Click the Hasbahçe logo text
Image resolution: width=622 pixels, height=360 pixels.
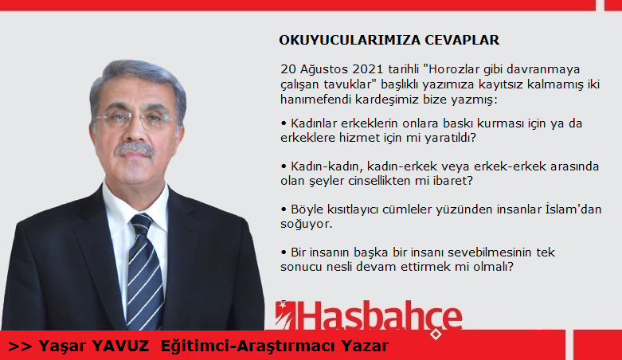(381, 316)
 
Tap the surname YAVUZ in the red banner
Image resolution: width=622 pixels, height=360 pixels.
(120, 346)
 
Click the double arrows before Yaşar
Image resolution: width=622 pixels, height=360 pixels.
(20, 346)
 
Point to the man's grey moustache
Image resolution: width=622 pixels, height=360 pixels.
(134, 149)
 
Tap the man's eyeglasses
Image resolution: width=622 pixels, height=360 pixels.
(135, 120)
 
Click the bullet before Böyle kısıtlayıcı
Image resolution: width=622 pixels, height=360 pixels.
(284, 209)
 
